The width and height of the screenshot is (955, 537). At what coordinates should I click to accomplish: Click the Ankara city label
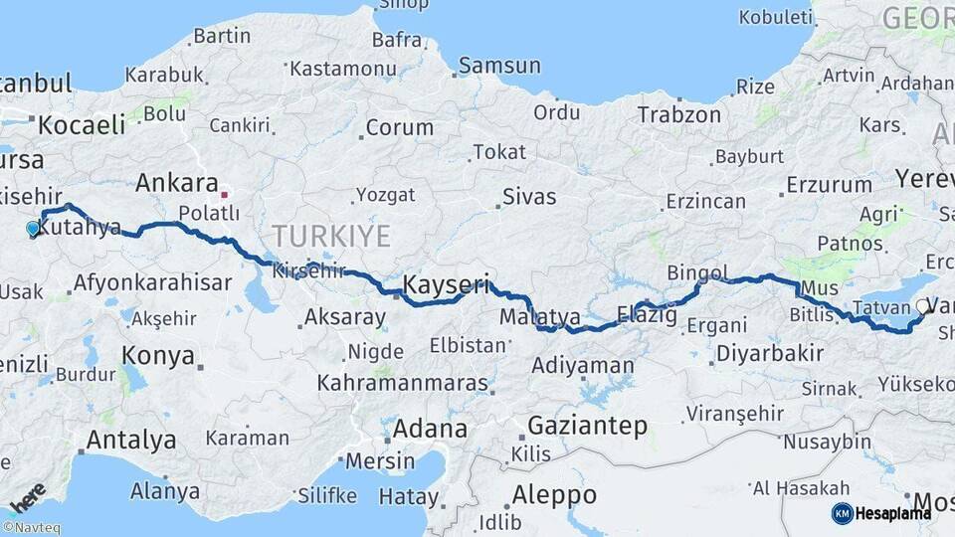[x=176, y=183]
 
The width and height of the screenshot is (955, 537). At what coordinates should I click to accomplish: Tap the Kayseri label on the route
[x=446, y=285]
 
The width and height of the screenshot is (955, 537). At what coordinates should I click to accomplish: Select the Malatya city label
[x=540, y=317]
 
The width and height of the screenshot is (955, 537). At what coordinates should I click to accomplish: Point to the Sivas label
[x=528, y=196]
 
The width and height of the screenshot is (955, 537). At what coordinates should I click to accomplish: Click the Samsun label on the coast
[x=500, y=66]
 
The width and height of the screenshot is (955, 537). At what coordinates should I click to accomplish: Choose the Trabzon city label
[x=678, y=114]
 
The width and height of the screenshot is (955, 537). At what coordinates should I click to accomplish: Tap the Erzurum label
[x=829, y=184]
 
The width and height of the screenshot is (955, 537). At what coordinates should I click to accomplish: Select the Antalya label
[x=131, y=440]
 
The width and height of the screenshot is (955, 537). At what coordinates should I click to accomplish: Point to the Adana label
[x=430, y=430]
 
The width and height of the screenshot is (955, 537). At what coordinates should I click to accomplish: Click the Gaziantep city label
[x=587, y=426]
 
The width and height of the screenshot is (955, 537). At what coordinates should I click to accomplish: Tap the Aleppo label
[x=553, y=494]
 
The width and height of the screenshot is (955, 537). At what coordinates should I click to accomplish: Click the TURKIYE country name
[x=331, y=236]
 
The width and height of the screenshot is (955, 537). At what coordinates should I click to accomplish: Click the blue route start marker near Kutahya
[x=33, y=229]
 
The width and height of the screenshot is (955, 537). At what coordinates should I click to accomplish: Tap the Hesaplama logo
[x=881, y=513]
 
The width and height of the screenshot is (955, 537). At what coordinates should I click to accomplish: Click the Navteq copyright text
[x=31, y=528]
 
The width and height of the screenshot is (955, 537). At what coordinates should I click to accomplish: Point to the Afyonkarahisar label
[x=152, y=281]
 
